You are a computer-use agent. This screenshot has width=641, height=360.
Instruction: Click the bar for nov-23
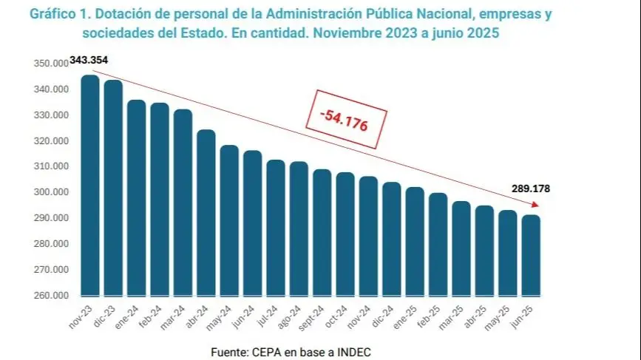pyautogui.click(x=90, y=185)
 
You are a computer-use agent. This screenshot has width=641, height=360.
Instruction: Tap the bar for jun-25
pyautogui.click(x=531, y=255)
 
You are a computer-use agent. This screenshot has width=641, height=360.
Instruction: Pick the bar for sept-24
pyautogui.click(x=322, y=232)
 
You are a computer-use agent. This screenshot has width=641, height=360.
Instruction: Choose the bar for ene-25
pyautogui.click(x=415, y=241)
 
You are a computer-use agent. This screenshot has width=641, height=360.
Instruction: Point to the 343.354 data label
pyautogui.click(x=89, y=60)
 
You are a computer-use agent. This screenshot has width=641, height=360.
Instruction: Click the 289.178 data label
pyautogui.click(x=530, y=189)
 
